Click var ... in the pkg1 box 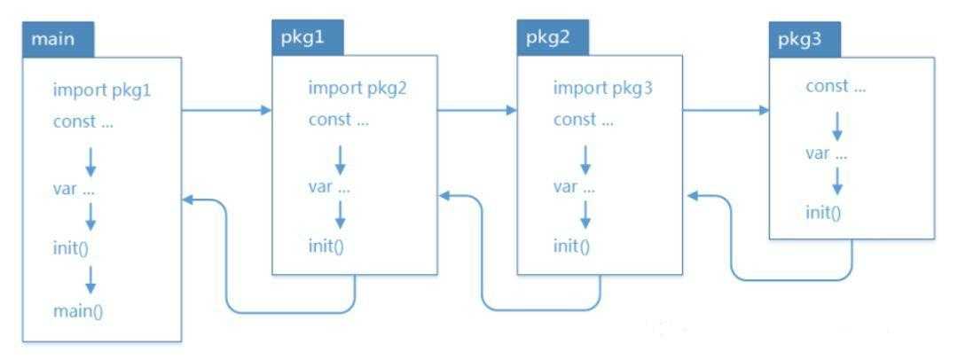(x=329, y=186)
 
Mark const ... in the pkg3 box (x=836, y=86)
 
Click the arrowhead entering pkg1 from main (x=265, y=111)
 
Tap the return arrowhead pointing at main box (x=187, y=200)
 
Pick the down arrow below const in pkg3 (x=836, y=121)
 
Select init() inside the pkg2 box (x=571, y=246)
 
